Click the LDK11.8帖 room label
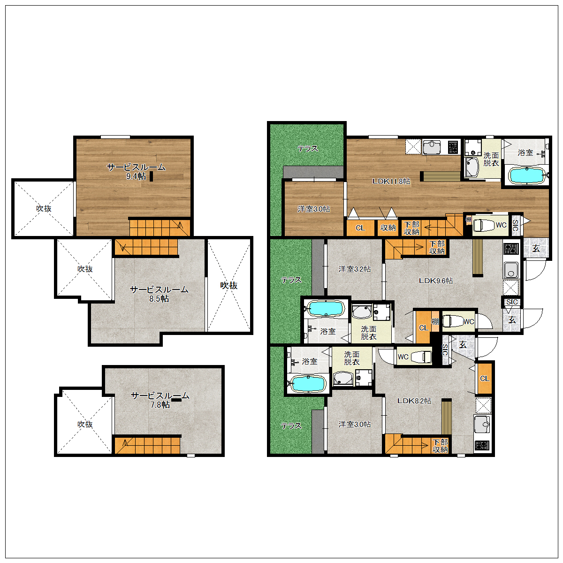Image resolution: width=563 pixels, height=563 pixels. [x=391, y=181]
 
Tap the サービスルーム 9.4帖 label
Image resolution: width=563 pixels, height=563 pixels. [x=136, y=172]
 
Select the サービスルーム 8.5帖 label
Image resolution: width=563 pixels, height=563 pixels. [x=159, y=294]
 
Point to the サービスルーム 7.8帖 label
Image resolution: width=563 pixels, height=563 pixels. [x=160, y=400]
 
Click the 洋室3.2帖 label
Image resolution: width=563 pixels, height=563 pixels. [x=354, y=269]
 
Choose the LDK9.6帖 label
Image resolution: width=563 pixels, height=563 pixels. [x=435, y=281]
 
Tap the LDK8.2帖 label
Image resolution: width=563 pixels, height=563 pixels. [x=414, y=401]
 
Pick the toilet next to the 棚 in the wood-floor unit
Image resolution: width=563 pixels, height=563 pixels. [x=483, y=225]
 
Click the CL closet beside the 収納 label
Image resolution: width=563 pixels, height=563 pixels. [x=360, y=228]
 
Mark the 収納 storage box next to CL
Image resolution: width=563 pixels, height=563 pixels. [x=388, y=228]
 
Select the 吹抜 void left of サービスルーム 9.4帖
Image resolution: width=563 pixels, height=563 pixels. [x=44, y=208]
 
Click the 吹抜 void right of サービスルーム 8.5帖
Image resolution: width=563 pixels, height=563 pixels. [x=229, y=285]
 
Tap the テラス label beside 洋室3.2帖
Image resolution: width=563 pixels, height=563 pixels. [x=291, y=280]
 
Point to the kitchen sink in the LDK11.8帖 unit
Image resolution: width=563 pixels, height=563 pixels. [x=432, y=147]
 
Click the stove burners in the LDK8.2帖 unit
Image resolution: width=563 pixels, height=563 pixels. [x=481, y=445]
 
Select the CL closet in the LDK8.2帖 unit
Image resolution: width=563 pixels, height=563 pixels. [x=484, y=378]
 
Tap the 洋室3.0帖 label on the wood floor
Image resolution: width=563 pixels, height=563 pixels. [x=313, y=209]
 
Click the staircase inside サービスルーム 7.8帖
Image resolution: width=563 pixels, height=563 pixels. [x=147, y=445]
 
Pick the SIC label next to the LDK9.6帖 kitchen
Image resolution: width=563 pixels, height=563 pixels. [x=512, y=302]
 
